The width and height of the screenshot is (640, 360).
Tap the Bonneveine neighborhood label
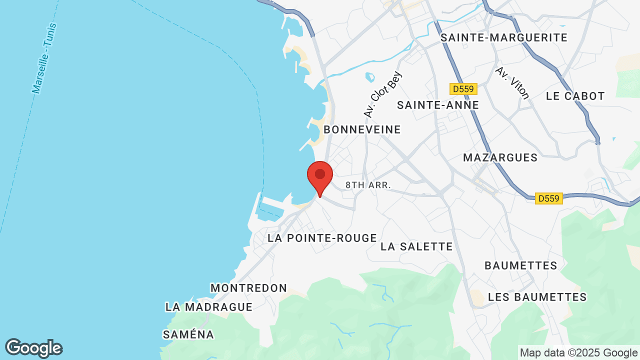point(362,129)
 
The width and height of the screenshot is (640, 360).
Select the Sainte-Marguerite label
point(504,37)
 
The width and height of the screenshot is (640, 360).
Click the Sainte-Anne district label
point(438,105)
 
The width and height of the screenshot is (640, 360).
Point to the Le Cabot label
point(575,96)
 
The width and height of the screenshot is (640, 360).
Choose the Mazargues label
point(500,157)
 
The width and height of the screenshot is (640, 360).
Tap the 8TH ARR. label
point(368,185)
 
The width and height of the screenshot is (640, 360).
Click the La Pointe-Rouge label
point(322,238)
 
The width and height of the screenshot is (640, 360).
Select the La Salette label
point(416,246)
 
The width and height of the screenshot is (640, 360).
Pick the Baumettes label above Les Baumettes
point(521,265)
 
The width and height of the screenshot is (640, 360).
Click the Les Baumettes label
point(537,297)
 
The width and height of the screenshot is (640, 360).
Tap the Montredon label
point(248,288)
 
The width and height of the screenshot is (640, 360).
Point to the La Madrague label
point(208,307)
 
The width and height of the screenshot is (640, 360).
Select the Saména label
point(188,334)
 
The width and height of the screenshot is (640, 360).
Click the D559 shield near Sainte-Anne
point(463,89)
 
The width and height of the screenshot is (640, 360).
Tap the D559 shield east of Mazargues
point(548,198)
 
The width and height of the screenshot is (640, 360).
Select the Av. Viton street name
point(512,82)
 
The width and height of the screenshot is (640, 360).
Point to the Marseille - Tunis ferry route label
point(44,59)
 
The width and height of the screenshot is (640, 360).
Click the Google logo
point(33,348)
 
